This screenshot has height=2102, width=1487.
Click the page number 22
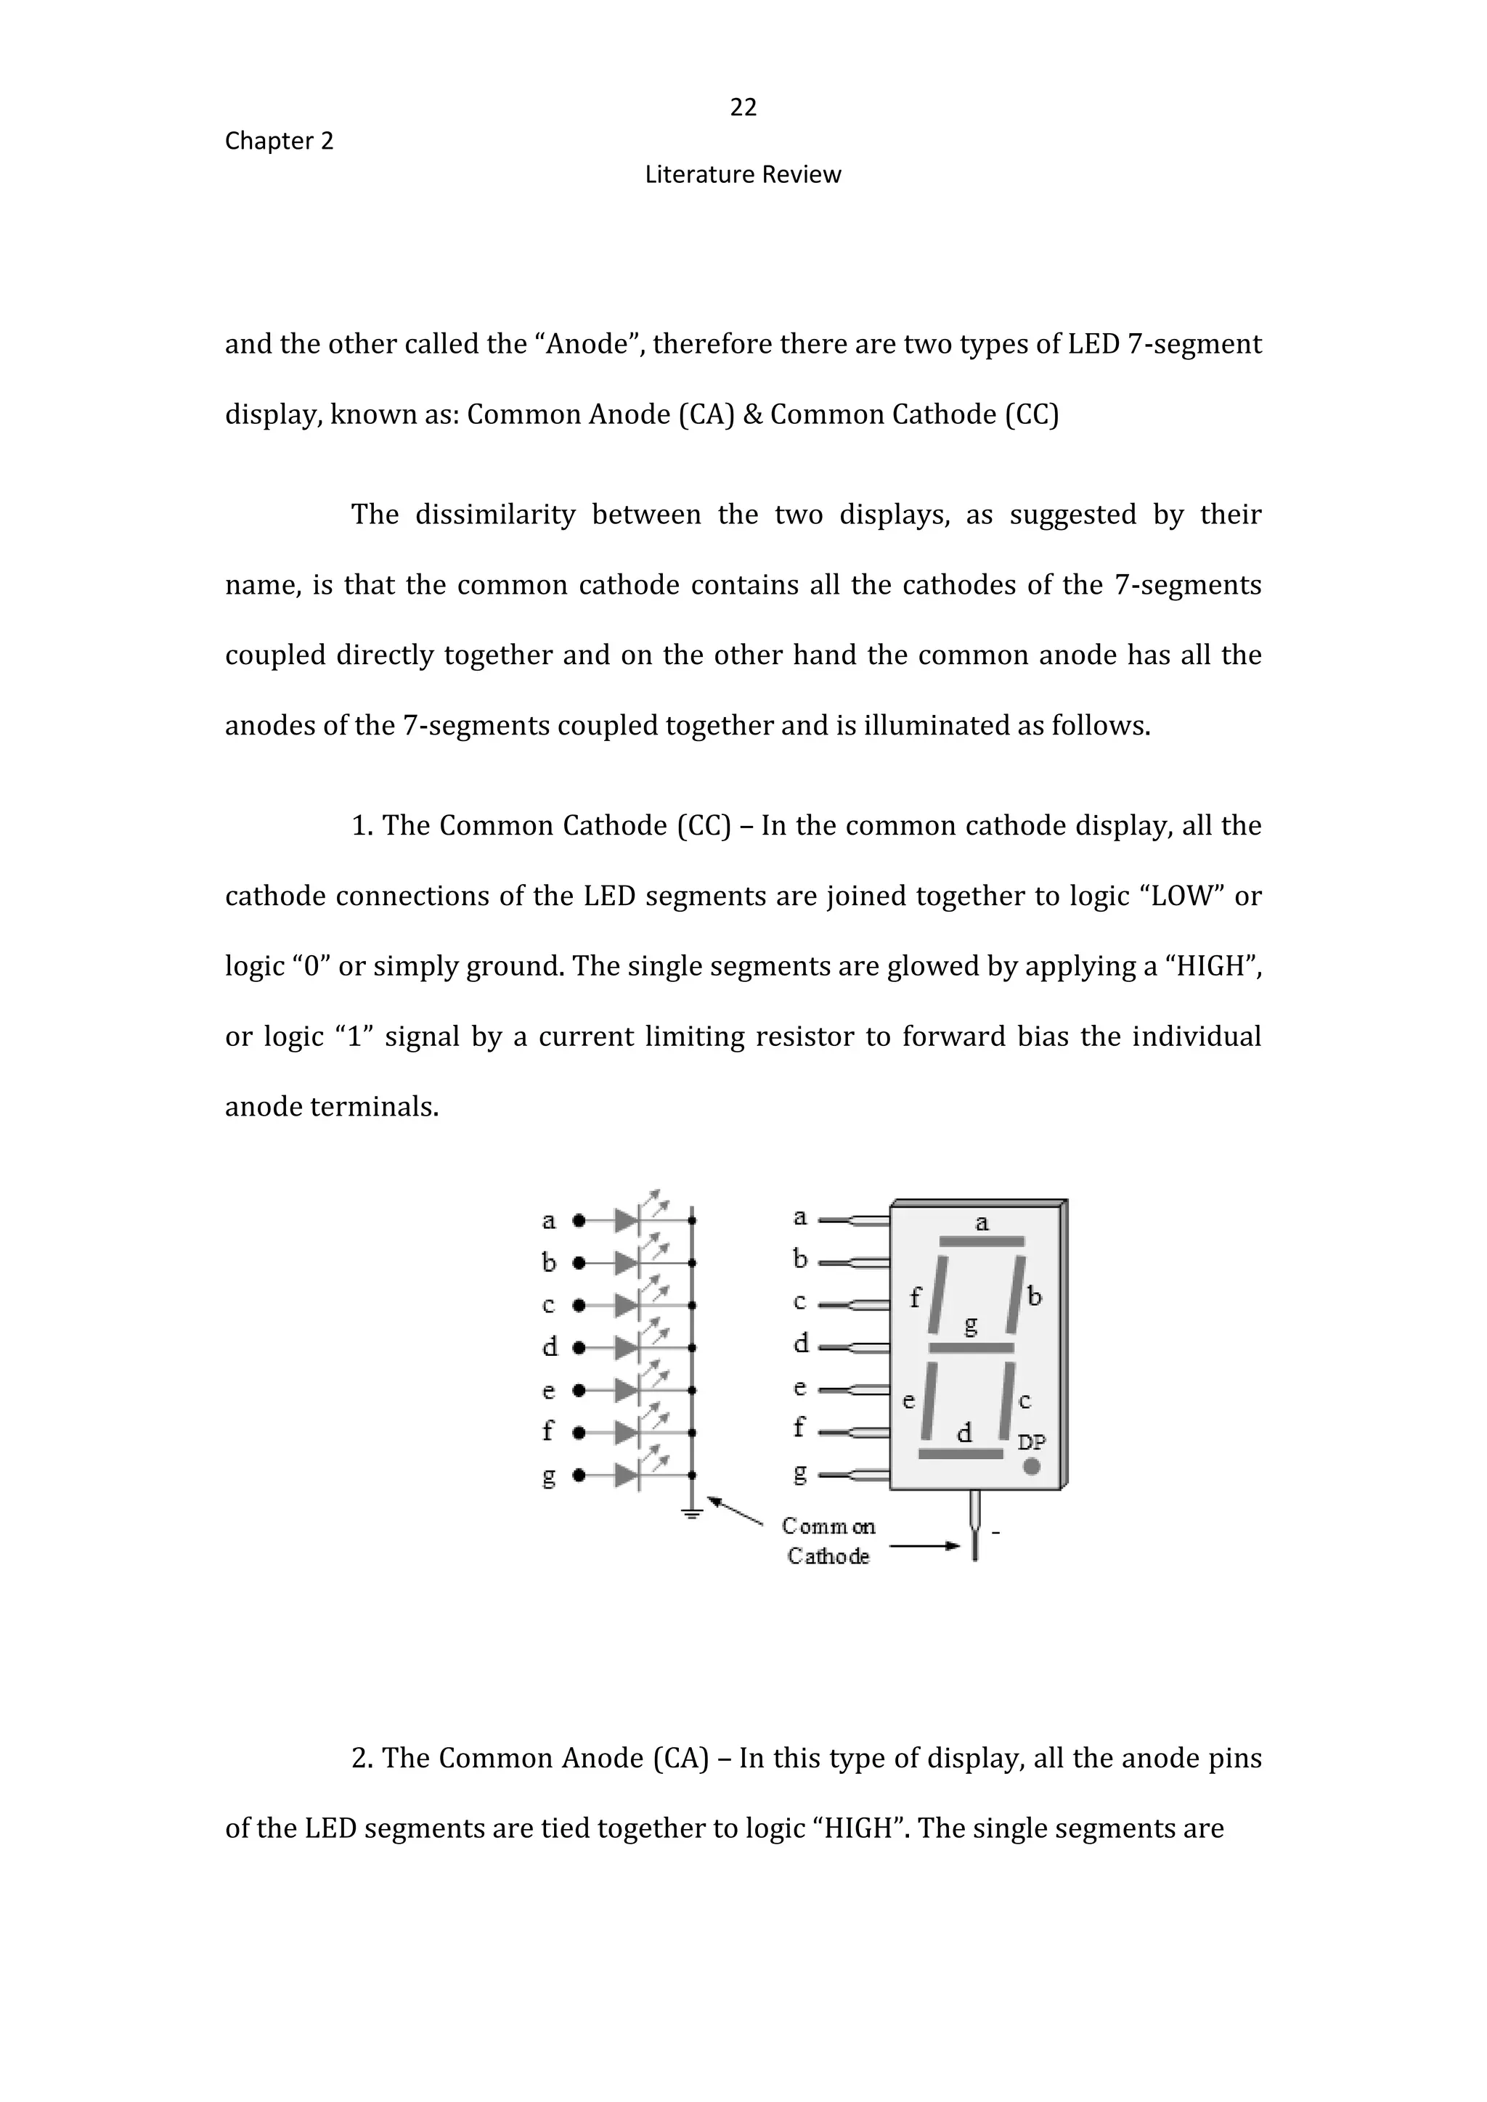[743, 108]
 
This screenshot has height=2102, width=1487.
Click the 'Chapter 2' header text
[280, 141]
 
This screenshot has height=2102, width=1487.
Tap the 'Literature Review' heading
[743, 175]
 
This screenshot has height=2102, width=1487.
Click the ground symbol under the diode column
[692, 1513]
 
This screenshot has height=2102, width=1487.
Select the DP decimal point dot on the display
[1031, 1467]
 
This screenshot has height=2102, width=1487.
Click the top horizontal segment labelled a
[982, 1241]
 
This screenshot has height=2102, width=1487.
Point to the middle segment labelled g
[971, 1348]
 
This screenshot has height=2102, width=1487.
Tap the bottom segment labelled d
[961, 1454]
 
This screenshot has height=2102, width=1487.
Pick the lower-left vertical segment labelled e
[929, 1401]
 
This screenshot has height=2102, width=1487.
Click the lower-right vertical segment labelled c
[1007, 1401]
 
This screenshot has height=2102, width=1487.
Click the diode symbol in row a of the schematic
[627, 1220]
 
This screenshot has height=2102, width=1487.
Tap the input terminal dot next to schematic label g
[578, 1475]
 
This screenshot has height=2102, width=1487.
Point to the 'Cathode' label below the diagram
[828, 1555]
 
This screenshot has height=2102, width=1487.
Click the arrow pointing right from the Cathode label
[925, 1546]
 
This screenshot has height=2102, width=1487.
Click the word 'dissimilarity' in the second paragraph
[495, 515]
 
